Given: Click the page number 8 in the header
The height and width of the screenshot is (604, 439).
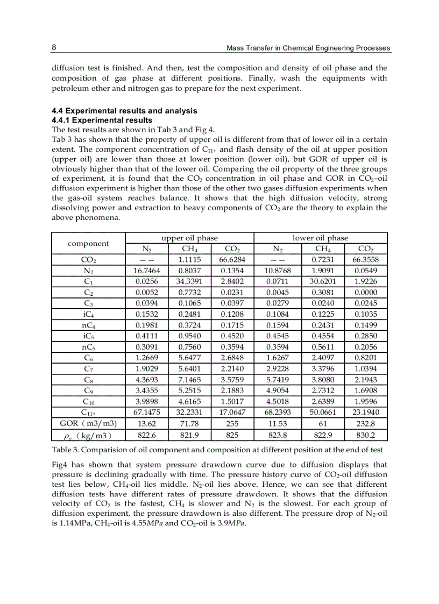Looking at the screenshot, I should coord(54,47).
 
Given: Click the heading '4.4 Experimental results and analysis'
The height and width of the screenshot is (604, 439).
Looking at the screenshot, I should coord(124,111).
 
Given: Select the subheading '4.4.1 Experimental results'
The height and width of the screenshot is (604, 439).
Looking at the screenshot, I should coord(102,120).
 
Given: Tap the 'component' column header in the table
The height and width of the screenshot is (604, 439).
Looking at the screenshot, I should coord(88,243).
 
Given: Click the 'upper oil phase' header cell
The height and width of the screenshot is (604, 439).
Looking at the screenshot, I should coord(189,238).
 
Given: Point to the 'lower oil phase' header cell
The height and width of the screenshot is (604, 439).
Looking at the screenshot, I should coord(320,238).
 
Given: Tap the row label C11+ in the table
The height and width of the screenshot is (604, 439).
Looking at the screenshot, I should coord(88,412).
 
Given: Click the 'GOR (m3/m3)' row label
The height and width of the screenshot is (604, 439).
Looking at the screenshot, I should coord(88,423).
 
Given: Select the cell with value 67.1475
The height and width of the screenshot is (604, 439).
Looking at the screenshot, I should coord(146,412).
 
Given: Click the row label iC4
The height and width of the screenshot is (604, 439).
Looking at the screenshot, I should coord(88,314).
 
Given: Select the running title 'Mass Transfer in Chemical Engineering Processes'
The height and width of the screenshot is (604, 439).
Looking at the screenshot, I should coord(308,48).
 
